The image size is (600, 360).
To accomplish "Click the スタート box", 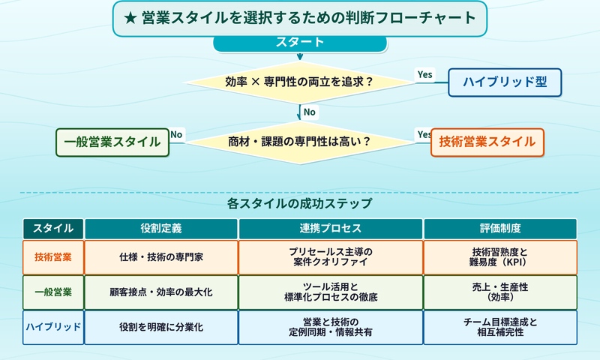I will pos(300,42).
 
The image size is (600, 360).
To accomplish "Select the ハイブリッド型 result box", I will pos(505,82).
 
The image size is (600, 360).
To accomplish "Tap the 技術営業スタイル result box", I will pos(487,141).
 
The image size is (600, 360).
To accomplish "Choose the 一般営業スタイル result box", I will pos(112,141).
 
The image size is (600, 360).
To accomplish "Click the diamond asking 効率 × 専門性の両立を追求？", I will pos(300,82).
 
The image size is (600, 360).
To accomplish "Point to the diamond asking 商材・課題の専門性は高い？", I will pos(300,141).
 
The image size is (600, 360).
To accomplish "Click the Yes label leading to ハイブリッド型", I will pos(424,74).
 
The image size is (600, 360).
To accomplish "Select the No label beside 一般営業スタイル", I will pos(177,135).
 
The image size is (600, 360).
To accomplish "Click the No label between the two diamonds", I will pos(309,112).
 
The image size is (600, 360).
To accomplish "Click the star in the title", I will pos(129,18).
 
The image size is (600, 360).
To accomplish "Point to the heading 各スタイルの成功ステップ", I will pos(300,203).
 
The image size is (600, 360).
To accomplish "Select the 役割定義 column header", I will pos(161,228).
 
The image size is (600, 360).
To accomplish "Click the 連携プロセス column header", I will pos(331,228).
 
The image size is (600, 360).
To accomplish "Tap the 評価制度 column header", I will pos(500,228).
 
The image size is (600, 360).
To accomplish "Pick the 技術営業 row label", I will pos(53,256).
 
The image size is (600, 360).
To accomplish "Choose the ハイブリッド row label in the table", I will pos(53,327).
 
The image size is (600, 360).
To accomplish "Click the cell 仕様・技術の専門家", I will pos(161,256).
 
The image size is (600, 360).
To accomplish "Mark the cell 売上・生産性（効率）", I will pos(500,292).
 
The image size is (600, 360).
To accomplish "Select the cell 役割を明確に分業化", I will pos(161,327).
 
